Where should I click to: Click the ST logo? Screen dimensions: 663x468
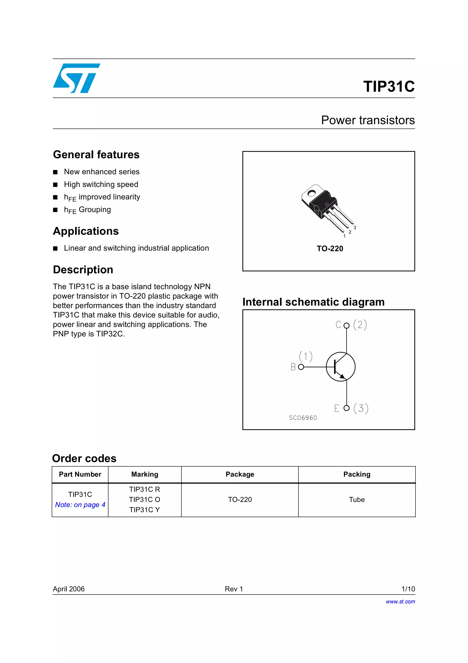pos(76,78)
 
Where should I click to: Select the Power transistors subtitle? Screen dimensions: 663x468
pos(368,120)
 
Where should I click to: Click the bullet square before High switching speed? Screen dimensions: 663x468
pos(55,185)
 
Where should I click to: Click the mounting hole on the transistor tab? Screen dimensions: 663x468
pos(312,193)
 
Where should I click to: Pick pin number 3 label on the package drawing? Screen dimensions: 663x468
pos(355,228)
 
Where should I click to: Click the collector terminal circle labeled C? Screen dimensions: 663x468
pos(347,325)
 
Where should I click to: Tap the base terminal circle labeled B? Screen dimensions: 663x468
pos(301,367)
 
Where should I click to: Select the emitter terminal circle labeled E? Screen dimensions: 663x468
pos(347,408)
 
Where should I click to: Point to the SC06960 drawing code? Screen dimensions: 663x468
pos(303,418)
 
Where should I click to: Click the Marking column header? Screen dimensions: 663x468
pos(145,474)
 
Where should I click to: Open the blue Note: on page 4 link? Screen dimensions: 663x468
pos(80,504)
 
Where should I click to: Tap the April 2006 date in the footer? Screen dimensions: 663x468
pos(69,589)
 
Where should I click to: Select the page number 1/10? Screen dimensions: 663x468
pos(408,589)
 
